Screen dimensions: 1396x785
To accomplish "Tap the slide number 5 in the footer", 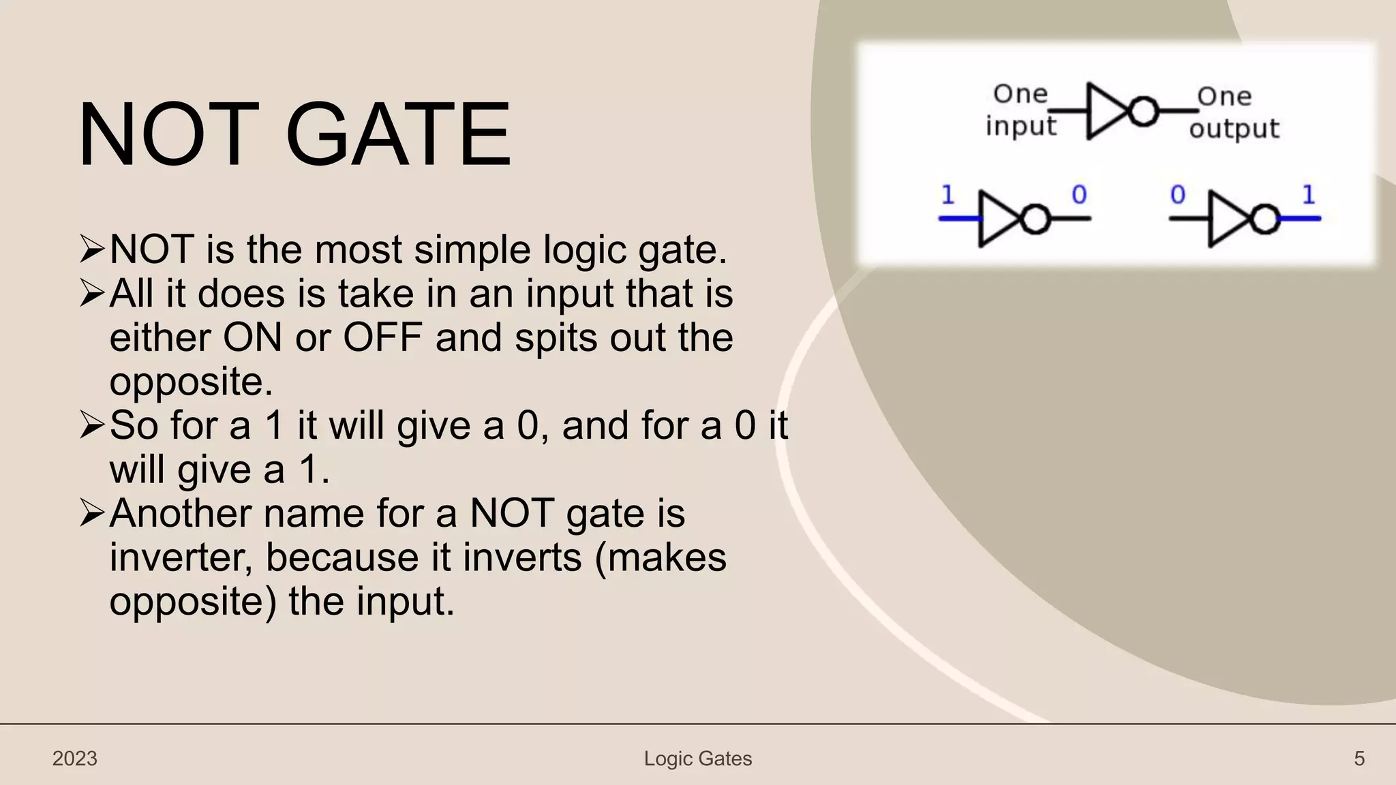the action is pyautogui.click(x=1359, y=758).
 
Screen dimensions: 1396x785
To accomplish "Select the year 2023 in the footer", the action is pyautogui.click(x=75, y=758).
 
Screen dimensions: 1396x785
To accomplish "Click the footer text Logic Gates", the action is pyautogui.click(x=697, y=758).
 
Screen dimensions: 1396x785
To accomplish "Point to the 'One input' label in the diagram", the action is pyautogui.click(x=1020, y=110).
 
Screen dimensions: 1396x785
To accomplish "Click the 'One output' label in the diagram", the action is pyautogui.click(x=1234, y=112).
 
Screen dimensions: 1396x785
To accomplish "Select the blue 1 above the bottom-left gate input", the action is pyautogui.click(x=947, y=196).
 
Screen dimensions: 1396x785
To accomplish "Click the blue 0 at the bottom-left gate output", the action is pyautogui.click(x=1079, y=195).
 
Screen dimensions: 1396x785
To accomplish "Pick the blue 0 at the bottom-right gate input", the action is pyautogui.click(x=1178, y=195).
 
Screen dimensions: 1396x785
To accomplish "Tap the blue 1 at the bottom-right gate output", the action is pyautogui.click(x=1308, y=196).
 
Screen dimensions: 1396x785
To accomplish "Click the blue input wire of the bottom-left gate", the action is pyautogui.click(x=959, y=219).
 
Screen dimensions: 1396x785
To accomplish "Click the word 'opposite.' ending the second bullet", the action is pyautogui.click(x=191, y=382).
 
